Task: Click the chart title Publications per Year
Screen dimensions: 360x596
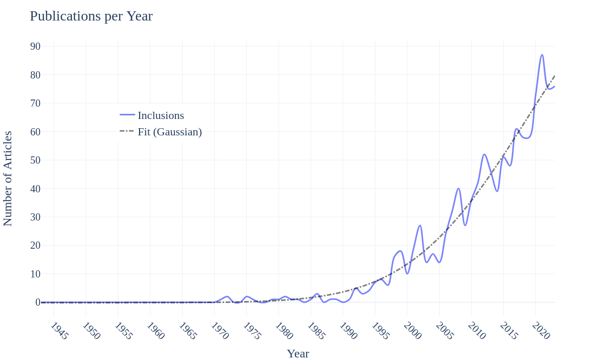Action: click(91, 16)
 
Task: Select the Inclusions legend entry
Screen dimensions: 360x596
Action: click(161, 115)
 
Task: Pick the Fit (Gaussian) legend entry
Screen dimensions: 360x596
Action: click(169, 132)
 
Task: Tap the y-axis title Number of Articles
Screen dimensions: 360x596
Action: click(8, 178)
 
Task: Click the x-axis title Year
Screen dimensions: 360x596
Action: click(298, 353)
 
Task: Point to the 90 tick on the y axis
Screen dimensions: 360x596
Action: click(35, 46)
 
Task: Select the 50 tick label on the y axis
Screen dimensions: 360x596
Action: click(35, 160)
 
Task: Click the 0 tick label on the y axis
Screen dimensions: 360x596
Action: click(38, 303)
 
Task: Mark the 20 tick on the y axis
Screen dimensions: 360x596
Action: click(35, 245)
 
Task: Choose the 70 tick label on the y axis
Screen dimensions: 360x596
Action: click(35, 103)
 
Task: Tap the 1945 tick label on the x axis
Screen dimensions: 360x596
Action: click(59, 331)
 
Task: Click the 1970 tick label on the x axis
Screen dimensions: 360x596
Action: click(220, 331)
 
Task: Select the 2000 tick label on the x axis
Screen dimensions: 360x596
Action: click(412, 331)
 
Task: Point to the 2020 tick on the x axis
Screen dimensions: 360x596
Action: click(541, 331)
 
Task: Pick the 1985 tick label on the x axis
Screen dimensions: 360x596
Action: click(316, 331)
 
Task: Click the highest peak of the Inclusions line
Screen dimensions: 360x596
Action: click(542, 55)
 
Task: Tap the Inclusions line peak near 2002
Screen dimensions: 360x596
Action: click(420, 225)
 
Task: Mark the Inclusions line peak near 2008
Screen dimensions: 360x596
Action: click(459, 189)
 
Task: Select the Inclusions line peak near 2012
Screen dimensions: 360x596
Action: click(484, 154)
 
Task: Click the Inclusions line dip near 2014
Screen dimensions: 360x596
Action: click(497, 191)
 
